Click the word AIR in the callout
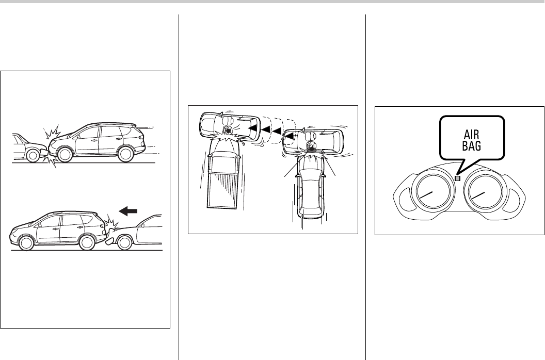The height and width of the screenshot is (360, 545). pyautogui.click(x=471, y=135)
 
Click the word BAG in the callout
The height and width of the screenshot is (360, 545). pyautogui.click(x=472, y=146)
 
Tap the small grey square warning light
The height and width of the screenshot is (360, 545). pyautogui.click(x=457, y=178)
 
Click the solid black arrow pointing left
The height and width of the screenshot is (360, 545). pyautogui.click(x=129, y=211)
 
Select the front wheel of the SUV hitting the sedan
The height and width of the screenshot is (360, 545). pyautogui.click(x=65, y=155)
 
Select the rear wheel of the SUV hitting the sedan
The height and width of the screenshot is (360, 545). pyautogui.click(x=125, y=154)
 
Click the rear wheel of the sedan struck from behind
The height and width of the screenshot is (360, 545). pyautogui.click(x=33, y=156)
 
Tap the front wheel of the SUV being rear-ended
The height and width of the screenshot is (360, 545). pyautogui.click(x=26, y=242)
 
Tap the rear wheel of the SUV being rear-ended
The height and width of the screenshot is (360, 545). pyautogui.click(x=87, y=242)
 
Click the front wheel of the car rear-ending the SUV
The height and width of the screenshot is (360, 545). pyautogui.click(x=125, y=242)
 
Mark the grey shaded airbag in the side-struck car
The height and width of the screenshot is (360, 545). pyautogui.click(x=312, y=151)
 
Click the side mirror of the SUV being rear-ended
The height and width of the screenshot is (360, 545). pyautogui.click(x=40, y=224)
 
